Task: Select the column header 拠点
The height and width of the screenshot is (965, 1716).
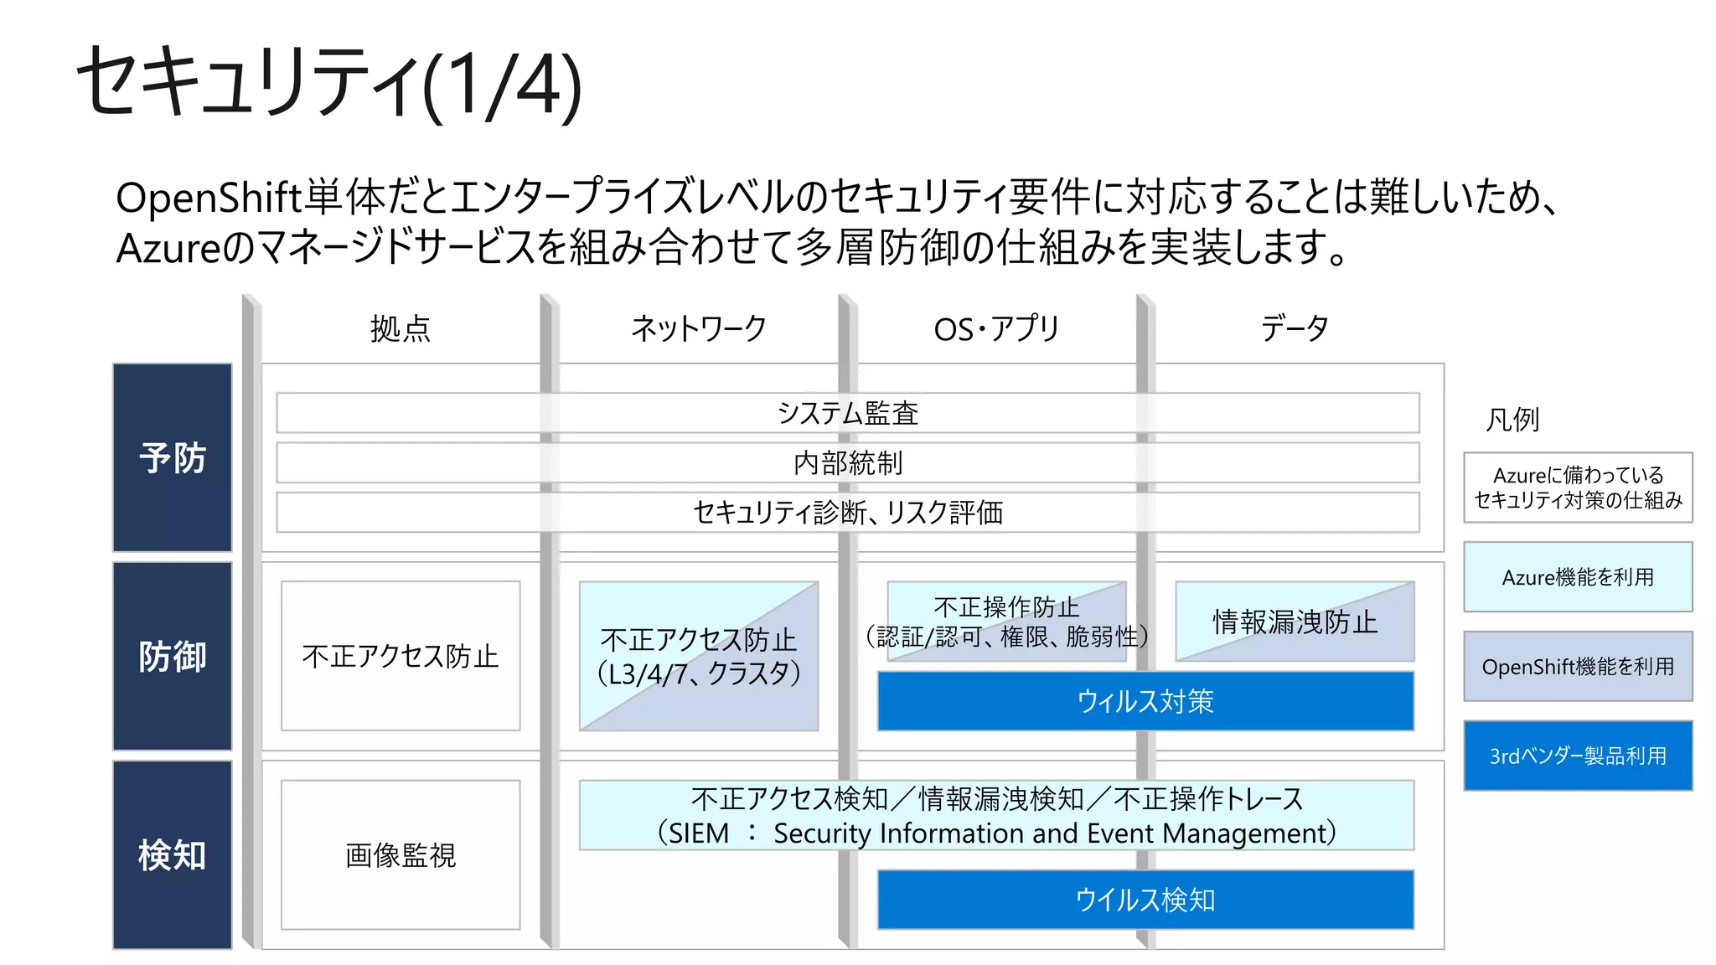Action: [x=401, y=328]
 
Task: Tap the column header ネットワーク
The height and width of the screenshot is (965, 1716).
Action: [x=698, y=328]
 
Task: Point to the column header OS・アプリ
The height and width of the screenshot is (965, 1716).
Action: [x=996, y=328]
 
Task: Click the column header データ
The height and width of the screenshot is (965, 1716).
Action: [x=1295, y=328]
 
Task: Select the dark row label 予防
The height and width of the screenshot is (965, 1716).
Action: [x=173, y=457]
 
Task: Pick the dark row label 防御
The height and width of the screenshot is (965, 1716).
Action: [x=173, y=656]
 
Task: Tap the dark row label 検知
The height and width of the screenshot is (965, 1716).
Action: [x=173, y=854]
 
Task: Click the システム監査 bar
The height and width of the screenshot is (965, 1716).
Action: [x=847, y=413]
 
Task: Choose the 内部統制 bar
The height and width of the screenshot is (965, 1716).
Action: [x=847, y=462]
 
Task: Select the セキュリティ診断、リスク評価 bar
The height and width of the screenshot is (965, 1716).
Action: [x=847, y=512]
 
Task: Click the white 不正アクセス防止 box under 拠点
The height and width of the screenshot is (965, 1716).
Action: [x=401, y=656]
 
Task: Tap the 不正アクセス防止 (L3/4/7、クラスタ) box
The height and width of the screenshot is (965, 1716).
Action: [x=698, y=656]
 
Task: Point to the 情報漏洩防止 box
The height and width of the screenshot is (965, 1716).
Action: [x=1295, y=622]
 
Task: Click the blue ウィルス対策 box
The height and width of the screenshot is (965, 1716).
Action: [x=1145, y=701]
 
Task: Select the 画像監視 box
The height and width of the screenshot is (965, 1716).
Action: [x=401, y=854]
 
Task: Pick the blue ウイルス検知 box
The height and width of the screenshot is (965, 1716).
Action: [x=1145, y=900]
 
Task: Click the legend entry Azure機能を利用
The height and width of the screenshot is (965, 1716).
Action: [x=1578, y=577]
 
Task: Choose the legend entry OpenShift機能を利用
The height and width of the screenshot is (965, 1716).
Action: [x=1578, y=667]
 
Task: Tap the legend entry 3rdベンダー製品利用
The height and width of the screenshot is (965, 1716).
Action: [x=1578, y=756]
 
